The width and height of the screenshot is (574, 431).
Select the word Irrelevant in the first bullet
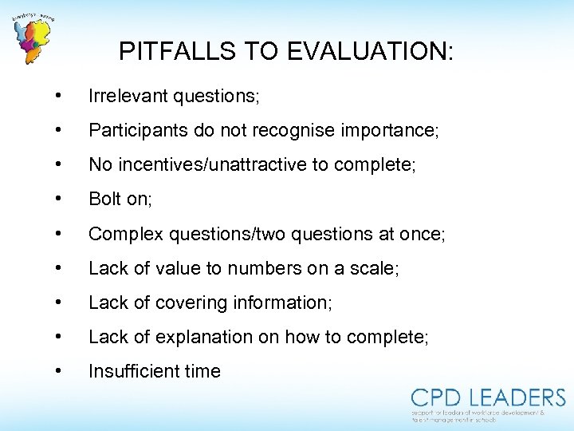coord(128,97)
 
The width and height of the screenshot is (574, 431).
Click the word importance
coord(382,131)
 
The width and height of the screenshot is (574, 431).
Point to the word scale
coord(374,269)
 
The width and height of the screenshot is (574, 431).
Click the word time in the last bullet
coord(204,371)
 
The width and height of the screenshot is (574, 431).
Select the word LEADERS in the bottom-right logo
coord(517,397)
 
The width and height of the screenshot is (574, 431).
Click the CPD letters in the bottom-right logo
coord(438,397)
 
